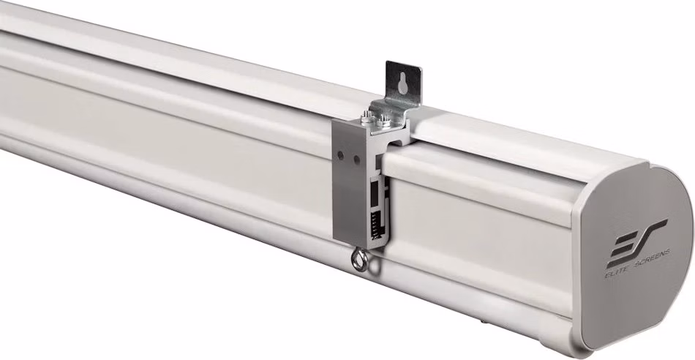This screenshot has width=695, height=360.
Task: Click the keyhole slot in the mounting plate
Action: coord(403,84)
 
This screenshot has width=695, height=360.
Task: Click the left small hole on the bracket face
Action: coord(340,155)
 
